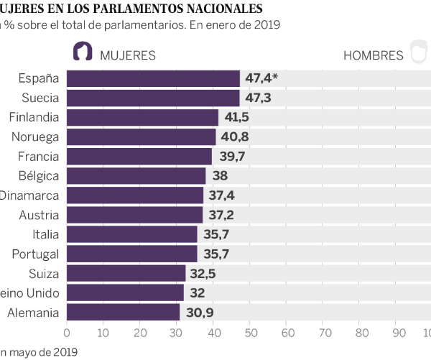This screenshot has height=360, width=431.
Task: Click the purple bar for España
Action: pyautogui.click(x=153, y=78)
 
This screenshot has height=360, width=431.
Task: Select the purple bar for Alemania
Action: pyautogui.click(x=123, y=312)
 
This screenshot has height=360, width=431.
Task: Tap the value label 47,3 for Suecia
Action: pyautogui.click(x=256, y=98)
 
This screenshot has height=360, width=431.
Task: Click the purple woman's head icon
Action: pyautogui.click(x=83, y=52)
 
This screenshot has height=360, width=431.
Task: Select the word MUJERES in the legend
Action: pyautogui.click(x=128, y=55)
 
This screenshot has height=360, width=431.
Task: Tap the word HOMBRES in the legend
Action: pyautogui.click(x=374, y=55)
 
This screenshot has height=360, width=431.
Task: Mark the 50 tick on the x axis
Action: pyautogui.click(x=251, y=333)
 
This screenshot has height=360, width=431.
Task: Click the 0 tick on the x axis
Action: pyautogui.click(x=67, y=333)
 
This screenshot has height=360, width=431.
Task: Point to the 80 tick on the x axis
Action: pyautogui.click(x=361, y=333)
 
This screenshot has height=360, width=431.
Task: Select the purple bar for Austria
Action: pyautogui.click(x=135, y=214)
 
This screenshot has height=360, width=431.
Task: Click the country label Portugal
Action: pyautogui.click(x=35, y=254)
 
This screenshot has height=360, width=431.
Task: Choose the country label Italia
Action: pyautogui.click(x=45, y=234)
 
